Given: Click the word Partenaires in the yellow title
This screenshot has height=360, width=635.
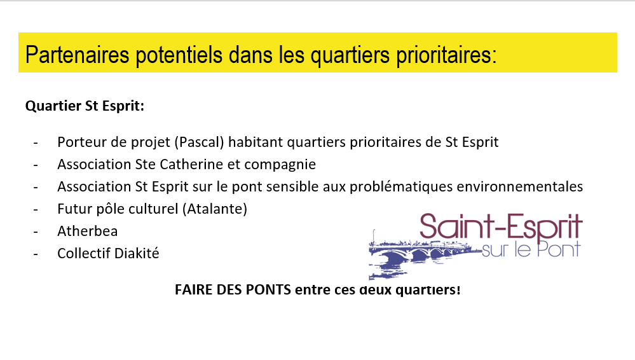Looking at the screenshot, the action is [x=77, y=54].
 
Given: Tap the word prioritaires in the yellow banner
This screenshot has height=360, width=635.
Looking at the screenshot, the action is [x=446, y=55].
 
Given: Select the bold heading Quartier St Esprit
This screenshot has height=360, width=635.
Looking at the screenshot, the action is [x=85, y=106].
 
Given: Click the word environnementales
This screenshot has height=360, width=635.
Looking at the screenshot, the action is [x=519, y=186].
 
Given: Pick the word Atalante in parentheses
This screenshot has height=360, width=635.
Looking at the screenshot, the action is [x=215, y=209].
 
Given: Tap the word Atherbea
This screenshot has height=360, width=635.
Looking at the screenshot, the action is [x=88, y=231].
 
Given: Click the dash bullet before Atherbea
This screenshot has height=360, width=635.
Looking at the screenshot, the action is [x=36, y=232].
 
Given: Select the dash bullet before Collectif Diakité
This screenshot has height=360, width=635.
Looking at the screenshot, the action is [x=36, y=254].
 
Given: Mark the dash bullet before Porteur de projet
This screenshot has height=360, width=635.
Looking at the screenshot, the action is [x=36, y=142].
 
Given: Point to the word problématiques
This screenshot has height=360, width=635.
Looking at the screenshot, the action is [x=400, y=187].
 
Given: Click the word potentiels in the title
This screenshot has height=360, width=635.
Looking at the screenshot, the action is [x=179, y=55].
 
